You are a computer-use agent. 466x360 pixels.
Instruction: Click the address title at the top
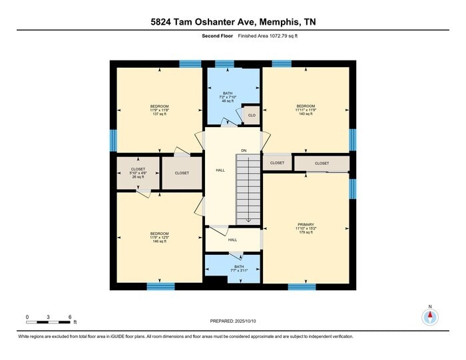tap(233, 22)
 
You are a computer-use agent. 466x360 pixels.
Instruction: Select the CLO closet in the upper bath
tap(251, 115)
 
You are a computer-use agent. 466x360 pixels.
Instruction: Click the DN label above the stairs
tap(244, 150)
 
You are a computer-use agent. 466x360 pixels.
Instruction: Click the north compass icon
tap(430, 317)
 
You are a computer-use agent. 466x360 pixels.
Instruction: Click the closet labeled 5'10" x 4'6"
tap(138, 173)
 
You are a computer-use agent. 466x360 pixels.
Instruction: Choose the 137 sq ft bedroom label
tap(159, 110)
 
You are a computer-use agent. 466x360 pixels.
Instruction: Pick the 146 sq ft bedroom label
tap(159, 237)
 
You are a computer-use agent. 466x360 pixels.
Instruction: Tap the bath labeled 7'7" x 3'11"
tap(239, 270)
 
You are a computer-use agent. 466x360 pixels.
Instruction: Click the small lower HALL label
tap(232, 240)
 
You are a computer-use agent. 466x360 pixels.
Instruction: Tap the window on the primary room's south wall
tap(302, 287)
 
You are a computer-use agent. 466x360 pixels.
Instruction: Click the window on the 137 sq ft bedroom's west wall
tap(113, 140)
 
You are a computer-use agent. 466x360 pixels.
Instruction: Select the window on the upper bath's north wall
tap(224, 64)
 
